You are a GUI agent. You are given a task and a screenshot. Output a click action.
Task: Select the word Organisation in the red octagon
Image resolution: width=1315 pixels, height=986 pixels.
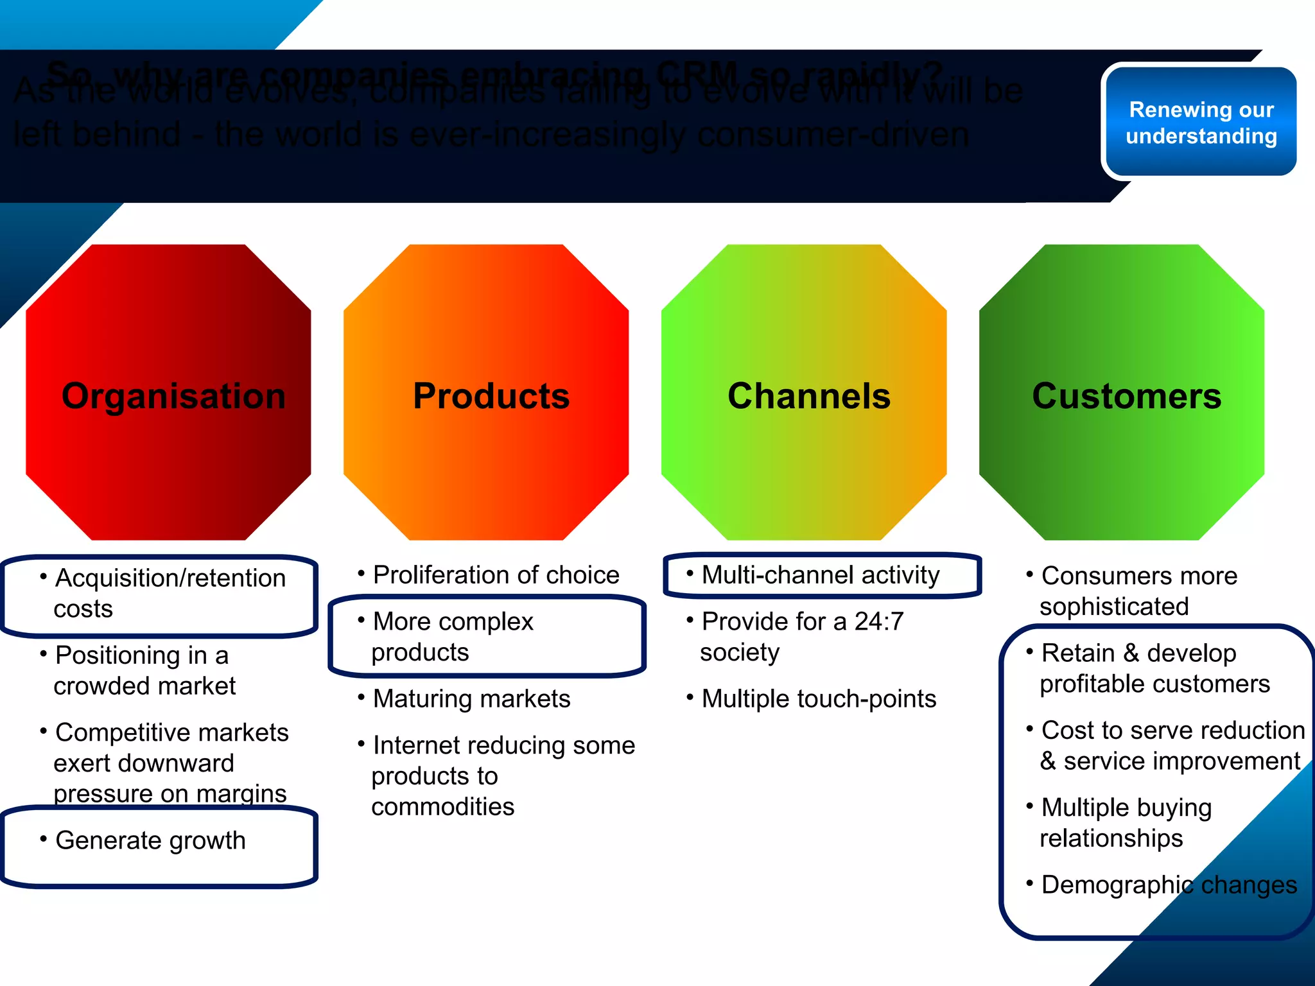pyautogui.click(x=173, y=396)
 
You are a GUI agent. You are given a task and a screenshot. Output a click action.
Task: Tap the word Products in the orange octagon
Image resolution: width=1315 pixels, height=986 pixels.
pyautogui.click(x=491, y=396)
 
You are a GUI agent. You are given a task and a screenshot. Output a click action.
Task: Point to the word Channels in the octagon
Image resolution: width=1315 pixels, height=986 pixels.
pyautogui.click(x=809, y=396)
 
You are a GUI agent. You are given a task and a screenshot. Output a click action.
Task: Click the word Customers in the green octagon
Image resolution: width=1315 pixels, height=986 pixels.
pyautogui.click(x=1127, y=396)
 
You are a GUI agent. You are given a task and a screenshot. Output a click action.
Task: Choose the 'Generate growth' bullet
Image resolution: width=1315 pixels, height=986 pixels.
pyautogui.click(x=150, y=840)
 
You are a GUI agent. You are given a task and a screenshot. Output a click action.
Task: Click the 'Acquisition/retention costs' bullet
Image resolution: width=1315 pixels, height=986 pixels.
pyautogui.click(x=169, y=593)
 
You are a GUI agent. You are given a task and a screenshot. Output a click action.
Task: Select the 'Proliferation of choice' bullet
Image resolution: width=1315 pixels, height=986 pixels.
pyautogui.click(x=496, y=575)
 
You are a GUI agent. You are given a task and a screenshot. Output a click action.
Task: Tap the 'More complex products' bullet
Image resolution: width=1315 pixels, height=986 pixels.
pyautogui.click(x=453, y=637)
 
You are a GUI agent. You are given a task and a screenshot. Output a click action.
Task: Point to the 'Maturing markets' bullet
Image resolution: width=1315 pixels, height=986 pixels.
pyautogui.click(x=471, y=698)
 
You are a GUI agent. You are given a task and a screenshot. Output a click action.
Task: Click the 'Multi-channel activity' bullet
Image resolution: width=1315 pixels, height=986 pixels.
pyautogui.click(x=820, y=575)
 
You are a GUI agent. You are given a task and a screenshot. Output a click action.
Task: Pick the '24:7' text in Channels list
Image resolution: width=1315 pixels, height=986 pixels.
pyautogui.click(x=879, y=621)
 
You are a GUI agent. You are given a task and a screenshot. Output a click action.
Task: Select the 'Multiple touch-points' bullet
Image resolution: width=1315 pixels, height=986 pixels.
pyautogui.click(x=819, y=698)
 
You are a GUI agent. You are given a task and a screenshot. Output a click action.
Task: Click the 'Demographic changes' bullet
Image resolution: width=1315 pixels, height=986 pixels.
pyautogui.click(x=1169, y=885)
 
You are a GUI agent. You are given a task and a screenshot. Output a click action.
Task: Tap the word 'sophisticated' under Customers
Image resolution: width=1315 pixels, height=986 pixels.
pyautogui.click(x=1114, y=607)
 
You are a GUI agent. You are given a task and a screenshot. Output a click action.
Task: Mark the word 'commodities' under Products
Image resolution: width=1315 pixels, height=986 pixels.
pyautogui.click(x=443, y=807)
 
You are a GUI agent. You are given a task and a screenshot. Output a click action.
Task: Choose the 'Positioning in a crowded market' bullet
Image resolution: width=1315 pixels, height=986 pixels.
pyautogui.click(x=144, y=671)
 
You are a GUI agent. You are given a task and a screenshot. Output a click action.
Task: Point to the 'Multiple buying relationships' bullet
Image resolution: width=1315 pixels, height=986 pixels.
pyautogui.click(x=1125, y=823)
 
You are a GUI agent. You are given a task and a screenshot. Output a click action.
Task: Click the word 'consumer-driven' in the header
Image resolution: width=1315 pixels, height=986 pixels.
pyautogui.click(x=833, y=135)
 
